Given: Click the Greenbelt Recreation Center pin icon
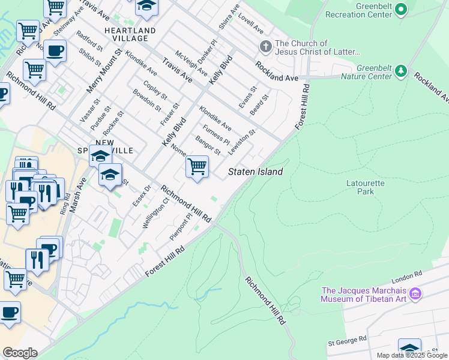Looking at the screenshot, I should click(x=402, y=10).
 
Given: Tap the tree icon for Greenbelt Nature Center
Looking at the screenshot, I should click(x=401, y=72).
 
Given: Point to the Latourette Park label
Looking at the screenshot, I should click(x=360, y=187).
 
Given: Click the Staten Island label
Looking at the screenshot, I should click(x=255, y=172).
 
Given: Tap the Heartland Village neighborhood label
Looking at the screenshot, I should click(x=130, y=34).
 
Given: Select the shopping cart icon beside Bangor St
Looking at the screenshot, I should click(x=197, y=167).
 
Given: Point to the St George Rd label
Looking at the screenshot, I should click(x=347, y=340).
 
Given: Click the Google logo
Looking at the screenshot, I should click(x=19, y=353).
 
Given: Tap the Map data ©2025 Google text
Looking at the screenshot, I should click(x=412, y=355).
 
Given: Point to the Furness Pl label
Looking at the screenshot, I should click(x=216, y=134).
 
